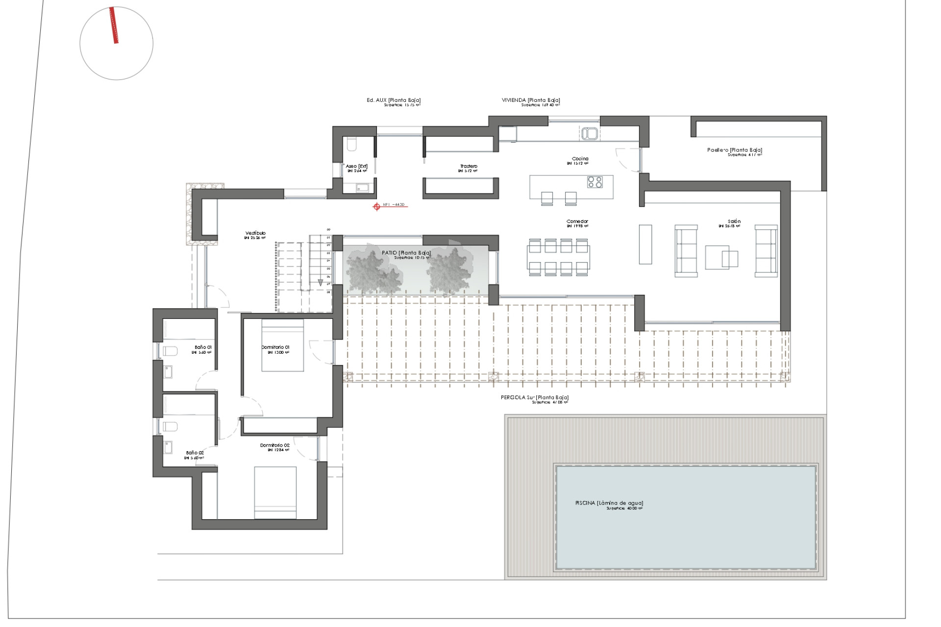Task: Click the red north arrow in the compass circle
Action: pyautogui.click(x=114, y=25)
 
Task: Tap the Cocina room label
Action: pyautogui.click(x=580, y=159)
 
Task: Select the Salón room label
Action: pyautogui.click(x=734, y=222)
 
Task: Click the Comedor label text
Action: pyautogui.click(x=577, y=222)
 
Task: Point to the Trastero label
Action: pyautogui.click(x=468, y=167)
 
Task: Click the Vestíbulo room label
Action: pyautogui.click(x=255, y=234)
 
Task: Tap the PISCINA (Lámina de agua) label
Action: pyautogui.click(x=609, y=503)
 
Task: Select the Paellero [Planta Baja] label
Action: pyautogui.click(x=734, y=150)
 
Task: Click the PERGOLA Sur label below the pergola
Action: pyautogui.click(x=534, y=398)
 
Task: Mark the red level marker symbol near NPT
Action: pyautogui.click(x=376, y=207)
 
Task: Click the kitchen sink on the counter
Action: pyautogui.click(x=590, y=133)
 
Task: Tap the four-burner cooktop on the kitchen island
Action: pyautogui.click(x=595, y=182)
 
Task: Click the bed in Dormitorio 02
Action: pyautogui.click(x=275, y=492)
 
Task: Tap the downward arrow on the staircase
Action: pyautogui.click(x=321, y=282)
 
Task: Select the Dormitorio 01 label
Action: pyautogui.click(x=275, y=347)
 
